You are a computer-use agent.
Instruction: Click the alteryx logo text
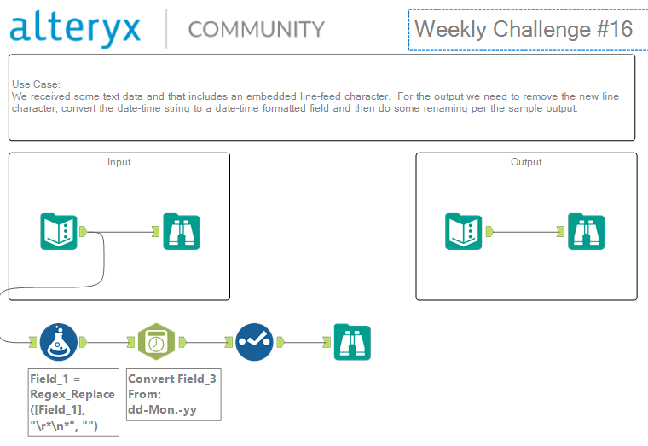click(75, 29)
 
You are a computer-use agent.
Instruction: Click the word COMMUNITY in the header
click(257, 29)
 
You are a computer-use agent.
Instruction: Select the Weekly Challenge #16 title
click(524, 29)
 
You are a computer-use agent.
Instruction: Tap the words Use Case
click(36, 84)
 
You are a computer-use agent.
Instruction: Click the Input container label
click(119, 162)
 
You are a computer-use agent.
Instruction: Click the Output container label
click(526, 162)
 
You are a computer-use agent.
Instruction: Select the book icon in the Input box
click(59, 231)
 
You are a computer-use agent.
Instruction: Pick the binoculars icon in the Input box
click(182, 231)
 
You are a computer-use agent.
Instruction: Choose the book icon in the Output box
click(463, 231)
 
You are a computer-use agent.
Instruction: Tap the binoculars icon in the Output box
click(586, 231)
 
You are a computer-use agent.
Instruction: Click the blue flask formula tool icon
click(59, 342)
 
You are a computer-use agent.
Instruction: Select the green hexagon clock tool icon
click(156, 342)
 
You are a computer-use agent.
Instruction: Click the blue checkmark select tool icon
click(254, 342)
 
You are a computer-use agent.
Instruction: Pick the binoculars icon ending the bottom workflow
click(352, 342)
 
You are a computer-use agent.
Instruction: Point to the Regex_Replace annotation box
click(73, 403)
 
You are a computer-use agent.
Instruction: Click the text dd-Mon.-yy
click(162, 409)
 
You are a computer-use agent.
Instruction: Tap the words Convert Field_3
click(172, 379)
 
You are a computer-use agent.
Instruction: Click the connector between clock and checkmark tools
click(205, 342)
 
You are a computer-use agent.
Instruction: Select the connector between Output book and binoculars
click(525, 232)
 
